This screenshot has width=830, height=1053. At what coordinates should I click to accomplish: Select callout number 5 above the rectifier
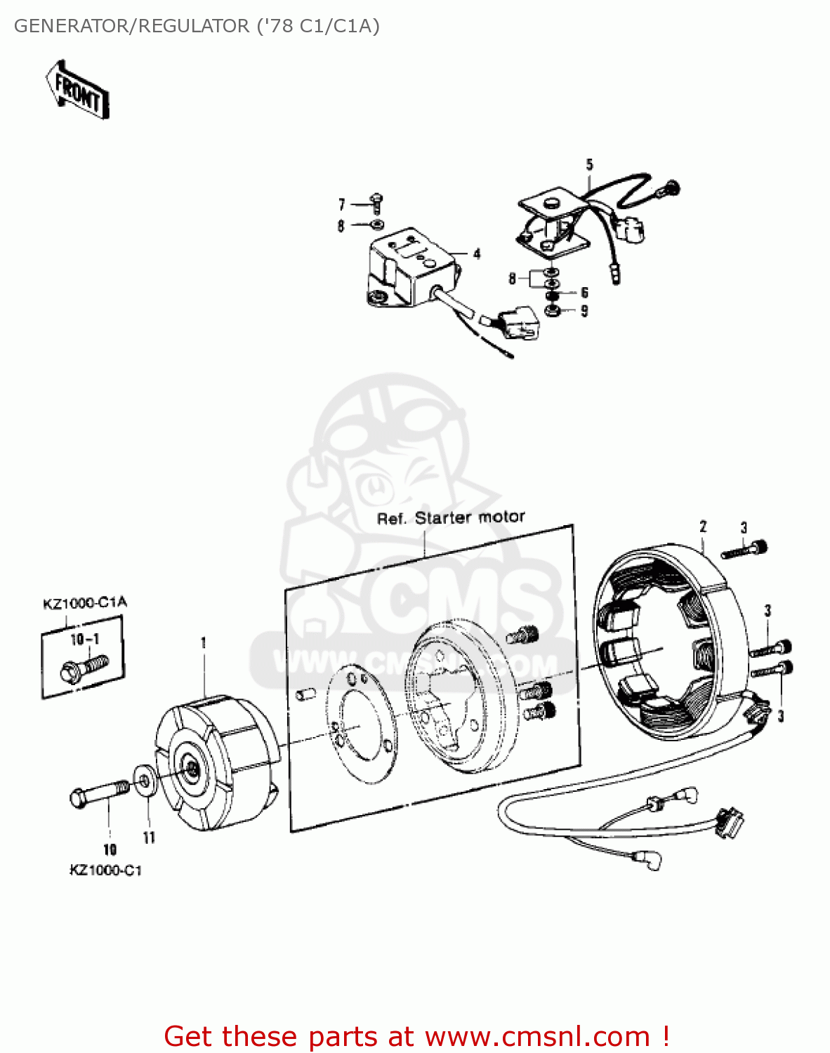pyautogui.click(x=589, y=165)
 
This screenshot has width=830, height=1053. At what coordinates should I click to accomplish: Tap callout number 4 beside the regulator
pyautogui.click(x=477, y=253)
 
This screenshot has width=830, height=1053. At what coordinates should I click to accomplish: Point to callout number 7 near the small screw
pyautogui.click(x=342, y=204)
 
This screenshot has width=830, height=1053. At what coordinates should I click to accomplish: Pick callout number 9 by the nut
pyautogui.click(x=584, y=311)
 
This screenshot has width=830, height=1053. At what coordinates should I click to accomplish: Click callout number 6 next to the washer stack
pyautogui.click(x=584, y=293)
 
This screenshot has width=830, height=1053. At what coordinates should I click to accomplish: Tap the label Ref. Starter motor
pyautogui.click(x=451, y=518)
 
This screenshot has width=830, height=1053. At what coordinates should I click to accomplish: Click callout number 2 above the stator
pyautogui.click(x=703, y=526)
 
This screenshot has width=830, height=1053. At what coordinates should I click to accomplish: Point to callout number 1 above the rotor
pyautogui.click(x=204, y=642)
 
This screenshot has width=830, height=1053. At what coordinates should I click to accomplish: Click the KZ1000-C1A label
pyautogui.click(x=85, y=602)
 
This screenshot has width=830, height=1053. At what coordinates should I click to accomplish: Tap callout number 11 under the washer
pyautogui.click(x=149, y=837)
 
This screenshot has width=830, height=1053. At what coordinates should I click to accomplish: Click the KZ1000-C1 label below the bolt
pyautogui.click(x=105, y=870)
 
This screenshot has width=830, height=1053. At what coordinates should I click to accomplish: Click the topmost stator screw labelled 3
pyautogui.click(x=744, y=549)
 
